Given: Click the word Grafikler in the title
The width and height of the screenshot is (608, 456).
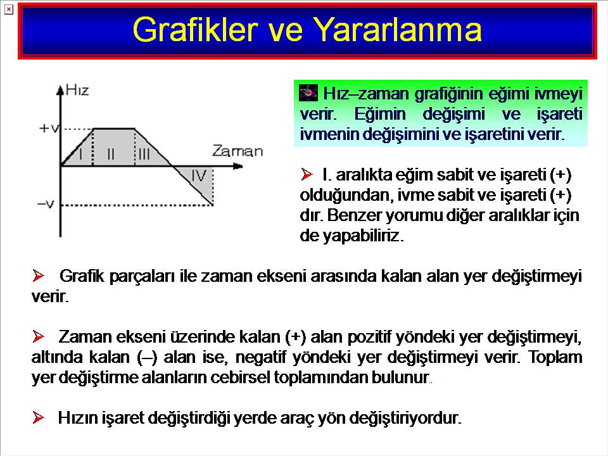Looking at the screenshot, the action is coord(195,30).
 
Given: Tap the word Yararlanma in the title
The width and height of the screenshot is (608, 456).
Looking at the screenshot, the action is coord(397,30).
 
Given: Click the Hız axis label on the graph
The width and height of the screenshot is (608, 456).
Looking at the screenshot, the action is coord(77,90).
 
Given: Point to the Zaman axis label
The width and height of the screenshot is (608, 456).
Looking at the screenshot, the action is coord(237,151).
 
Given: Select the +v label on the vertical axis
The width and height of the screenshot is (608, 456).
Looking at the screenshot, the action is coord(49,128).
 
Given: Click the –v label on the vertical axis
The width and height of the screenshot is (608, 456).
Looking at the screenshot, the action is coord(46,204).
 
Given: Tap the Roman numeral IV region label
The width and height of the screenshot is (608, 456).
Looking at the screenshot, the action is coord(199,175).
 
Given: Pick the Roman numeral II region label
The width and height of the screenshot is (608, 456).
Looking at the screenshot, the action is coord(110,154).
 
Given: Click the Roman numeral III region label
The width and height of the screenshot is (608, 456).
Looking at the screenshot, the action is coord(144,154).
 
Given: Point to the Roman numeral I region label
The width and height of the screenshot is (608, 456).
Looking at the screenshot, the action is coord(80,154).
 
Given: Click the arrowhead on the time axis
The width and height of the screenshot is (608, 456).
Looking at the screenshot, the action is coord(238,167).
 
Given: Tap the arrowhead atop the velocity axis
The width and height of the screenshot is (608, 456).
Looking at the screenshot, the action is coord(60,91).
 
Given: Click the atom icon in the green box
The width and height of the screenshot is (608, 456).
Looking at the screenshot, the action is coord(308,93).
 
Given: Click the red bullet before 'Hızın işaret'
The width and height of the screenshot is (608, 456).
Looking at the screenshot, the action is coord(38,417).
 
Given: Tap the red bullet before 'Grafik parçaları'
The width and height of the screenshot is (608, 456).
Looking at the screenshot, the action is coord(38,275).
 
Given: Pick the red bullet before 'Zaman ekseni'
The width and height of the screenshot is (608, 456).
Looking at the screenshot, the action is coord(38,336).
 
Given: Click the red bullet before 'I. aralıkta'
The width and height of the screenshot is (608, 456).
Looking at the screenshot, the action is coord(307,174).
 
